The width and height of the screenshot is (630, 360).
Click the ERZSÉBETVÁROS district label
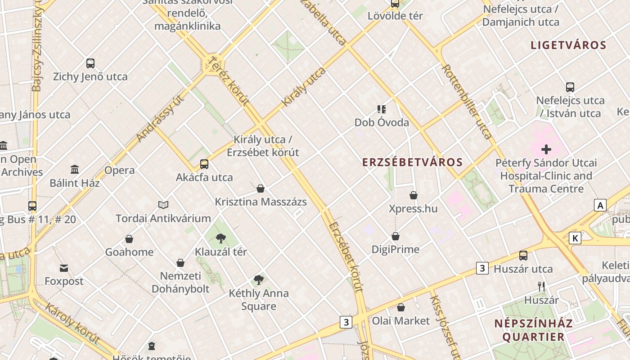pyautogui.click(x=412, y=162)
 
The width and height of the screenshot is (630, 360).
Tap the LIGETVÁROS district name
pyautogui.click(x=568, y=45)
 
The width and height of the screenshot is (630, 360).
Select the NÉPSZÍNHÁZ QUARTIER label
pyautogui.click(x=533, y=330)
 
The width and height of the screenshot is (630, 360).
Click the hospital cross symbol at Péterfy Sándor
pyautogui.click(x=546, y=149)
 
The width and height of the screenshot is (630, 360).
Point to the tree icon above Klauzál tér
pyautogui.click(x=220, y=238)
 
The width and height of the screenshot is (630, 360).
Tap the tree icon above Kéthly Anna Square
pyautogui.click(x=258, y=280)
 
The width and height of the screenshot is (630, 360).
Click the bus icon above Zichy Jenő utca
pyautogui.click(x=90, y=63)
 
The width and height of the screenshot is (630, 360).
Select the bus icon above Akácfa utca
pyautogui.click(x=204, y=164)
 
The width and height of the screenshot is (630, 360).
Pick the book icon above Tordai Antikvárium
pyautogui.click(x=163, y=205)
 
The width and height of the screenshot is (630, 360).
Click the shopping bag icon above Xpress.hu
pyautogui.click(x=413, y=195)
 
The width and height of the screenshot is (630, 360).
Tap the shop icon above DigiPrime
pyautogui.click(x=396, y=236)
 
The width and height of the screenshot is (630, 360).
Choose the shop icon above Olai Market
pyautogui.click(x=400, y=307)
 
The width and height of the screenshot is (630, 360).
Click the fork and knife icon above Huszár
pyautogui.click(x=541, y=286)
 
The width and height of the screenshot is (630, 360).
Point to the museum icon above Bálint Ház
pyautogui.click(x=75, y=170)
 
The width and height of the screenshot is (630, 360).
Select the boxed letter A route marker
pyautogui.click(x=600, y=206)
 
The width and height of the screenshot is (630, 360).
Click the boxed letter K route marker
pyautogui.click(x=575, y=238)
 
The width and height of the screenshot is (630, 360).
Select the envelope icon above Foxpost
pyautogui.click(x=64, y=268)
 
